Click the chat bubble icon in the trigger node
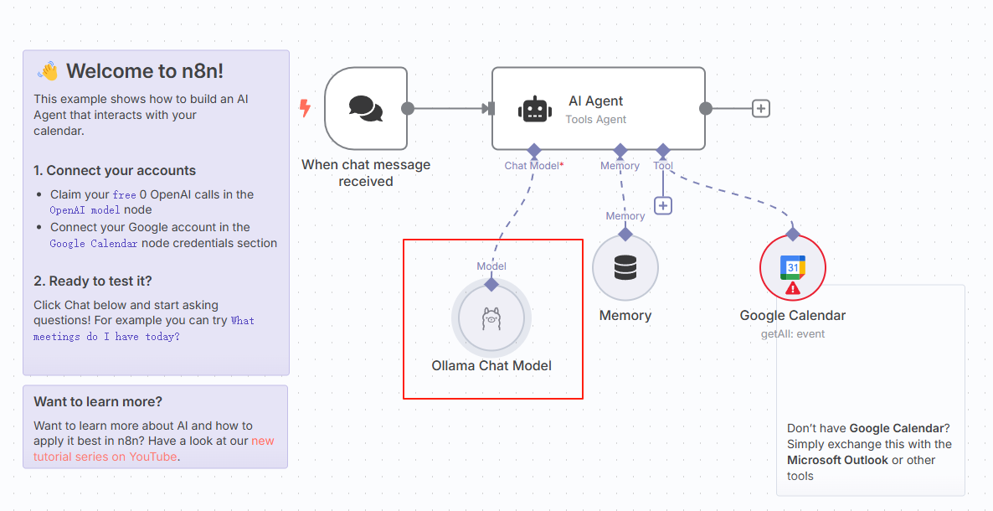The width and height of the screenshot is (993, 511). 366,108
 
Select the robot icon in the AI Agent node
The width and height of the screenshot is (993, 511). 535,109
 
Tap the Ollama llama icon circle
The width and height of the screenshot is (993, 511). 491,318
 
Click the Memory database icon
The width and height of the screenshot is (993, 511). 625,268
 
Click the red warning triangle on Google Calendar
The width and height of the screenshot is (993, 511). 793,288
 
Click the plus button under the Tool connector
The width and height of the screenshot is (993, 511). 663,205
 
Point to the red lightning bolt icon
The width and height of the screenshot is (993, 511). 305,108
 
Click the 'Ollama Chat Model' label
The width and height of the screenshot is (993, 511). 491,365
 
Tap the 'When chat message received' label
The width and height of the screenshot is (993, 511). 366,173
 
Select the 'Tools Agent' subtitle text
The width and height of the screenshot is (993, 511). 596,119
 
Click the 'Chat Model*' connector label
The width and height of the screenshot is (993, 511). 533,166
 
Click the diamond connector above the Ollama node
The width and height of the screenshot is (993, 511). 491,284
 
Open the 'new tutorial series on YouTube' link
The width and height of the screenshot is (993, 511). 154,449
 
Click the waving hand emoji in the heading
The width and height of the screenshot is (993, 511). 49,71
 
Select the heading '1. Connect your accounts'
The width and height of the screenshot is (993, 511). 115,170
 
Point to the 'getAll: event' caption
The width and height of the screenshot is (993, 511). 793,333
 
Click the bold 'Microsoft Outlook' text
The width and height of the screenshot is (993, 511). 837,460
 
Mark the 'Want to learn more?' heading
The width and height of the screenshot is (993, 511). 98,401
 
